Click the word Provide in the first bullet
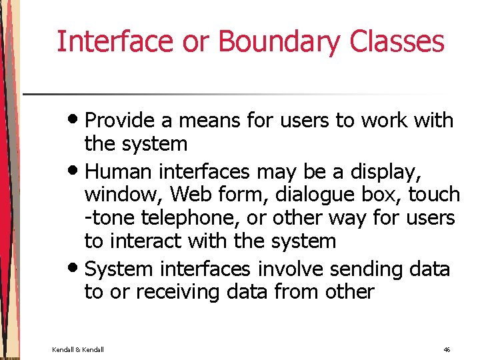click(x=121, y=121)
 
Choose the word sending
click(x=353, y=269)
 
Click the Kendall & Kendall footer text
click(x=78, y=349)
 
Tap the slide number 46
click(x=446, y=349)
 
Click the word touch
click(x=434, y=195)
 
